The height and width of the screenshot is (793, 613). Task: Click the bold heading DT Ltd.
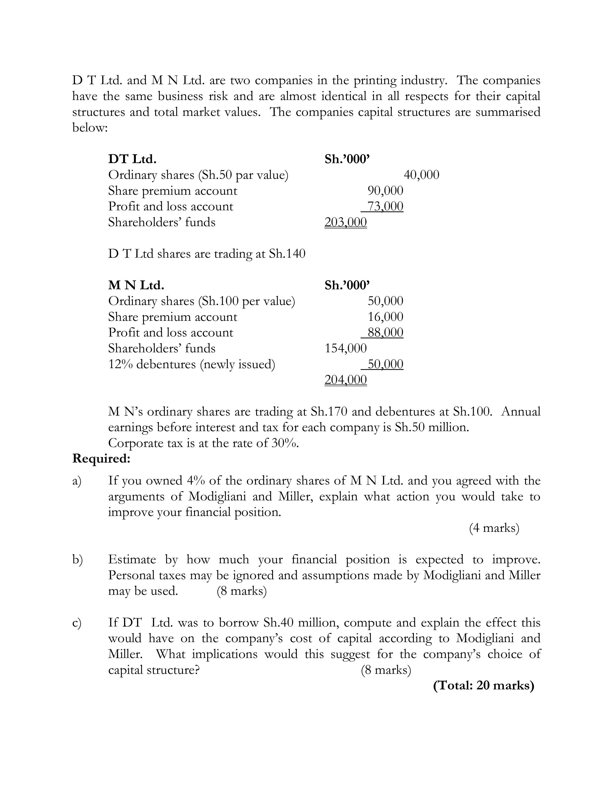pyautogui.click(x=132, y=159)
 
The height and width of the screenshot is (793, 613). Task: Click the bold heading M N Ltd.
pyautogui.click(x=136, y=285)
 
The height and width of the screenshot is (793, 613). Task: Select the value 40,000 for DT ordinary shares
pyautogui.click(x=421, y=175)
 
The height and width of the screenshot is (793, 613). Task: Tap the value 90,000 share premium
pyautogui.click(x=385, y=191)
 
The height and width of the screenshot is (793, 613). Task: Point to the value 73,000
pyautogui.click(x=385, y=206)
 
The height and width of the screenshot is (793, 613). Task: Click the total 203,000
pyautogui.click(x=345, y=222)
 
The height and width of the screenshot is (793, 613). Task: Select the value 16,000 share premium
pyautogui.click(x=385, y=317)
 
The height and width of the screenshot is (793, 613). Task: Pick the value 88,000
pyautogui.click(x=385, y=333)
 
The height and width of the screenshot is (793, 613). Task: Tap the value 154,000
pyautogui.click(x=345, y=348)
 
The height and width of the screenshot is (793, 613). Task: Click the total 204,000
pyautogui.click(x=345, y=380)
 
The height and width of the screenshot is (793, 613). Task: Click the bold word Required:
pyautogui.click(x=101, y=458)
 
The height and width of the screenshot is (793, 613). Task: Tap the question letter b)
pyautogui.click(x=77, y=559)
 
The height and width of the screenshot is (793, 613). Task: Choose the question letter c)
pyautogui.click(x=77, y=623)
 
